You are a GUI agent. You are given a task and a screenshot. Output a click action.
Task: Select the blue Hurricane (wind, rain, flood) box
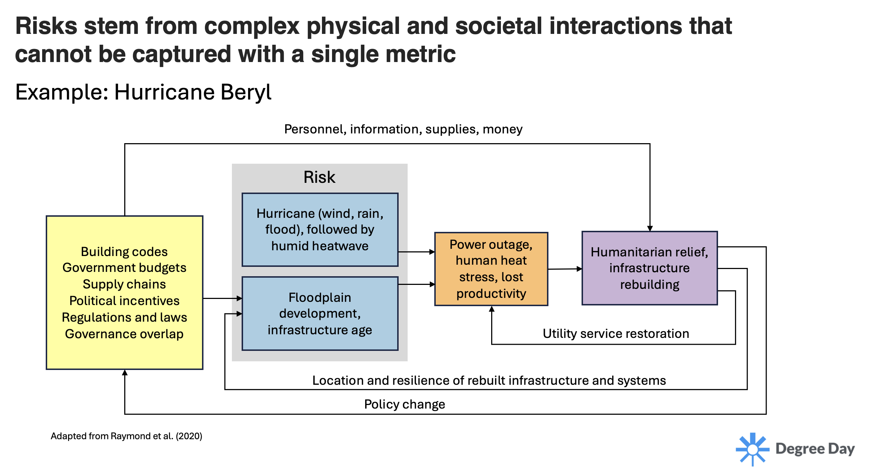click(x=320, y=229)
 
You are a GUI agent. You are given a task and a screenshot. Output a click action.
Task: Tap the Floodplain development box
click(x=320, y=313)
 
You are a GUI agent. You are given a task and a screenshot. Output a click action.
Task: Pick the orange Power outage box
click(x=491, y=269)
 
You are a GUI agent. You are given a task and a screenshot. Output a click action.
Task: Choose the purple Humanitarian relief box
click(x=649, y=268)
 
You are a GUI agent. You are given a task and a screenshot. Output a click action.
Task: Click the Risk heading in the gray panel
click(x=319, y=177)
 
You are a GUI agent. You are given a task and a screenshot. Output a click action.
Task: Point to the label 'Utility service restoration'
click(x=616, y=334)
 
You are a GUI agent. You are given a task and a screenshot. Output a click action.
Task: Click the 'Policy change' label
click(x=404, y=404)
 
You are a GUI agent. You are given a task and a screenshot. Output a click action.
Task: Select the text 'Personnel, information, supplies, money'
click(x=403, y=129)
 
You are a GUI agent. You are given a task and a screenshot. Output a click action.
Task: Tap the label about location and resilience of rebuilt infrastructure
click(x=489, y=380)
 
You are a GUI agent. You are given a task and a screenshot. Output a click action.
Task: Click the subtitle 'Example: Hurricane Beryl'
click(x=143, y=92)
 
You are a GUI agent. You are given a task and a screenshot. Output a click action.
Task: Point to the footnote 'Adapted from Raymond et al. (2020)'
click(x=126, y=436)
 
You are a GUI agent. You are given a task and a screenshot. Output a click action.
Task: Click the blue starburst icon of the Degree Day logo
click(x=752, y=449)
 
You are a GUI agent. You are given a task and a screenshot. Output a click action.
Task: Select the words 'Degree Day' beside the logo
click(x=815, y=449)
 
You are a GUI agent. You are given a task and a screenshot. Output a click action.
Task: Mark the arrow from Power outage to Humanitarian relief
click(x=565, y=269)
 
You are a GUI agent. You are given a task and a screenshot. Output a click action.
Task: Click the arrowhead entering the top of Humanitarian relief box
click(x=650, y=228)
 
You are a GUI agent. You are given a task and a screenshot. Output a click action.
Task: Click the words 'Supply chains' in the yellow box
click(x=124, y=284)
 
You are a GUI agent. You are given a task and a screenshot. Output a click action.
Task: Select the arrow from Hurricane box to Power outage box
click(x=416, y=252)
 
